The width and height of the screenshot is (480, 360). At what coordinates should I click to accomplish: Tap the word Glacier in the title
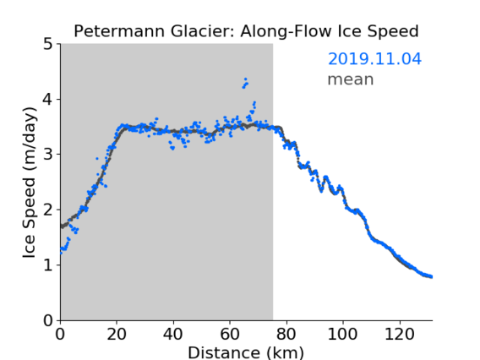tap(203, 31)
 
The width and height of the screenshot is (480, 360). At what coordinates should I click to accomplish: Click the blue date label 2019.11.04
tap(374, 59)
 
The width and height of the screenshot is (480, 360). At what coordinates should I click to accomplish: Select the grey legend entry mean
tap(351, 79)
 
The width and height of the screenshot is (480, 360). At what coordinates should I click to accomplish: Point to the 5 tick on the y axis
tap(48, 44)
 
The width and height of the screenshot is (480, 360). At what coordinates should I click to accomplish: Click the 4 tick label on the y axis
tap(48, 100)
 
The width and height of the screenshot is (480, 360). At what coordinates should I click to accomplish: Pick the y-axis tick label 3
tap(48, 155)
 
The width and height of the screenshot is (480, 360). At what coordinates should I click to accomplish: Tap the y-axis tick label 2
tap(48, 210)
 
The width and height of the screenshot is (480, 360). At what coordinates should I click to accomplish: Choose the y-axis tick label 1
tap(48, 265)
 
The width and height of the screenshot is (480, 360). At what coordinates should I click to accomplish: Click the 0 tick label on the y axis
tap(48, 320)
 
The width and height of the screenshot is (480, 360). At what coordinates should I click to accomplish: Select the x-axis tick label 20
tap(117, 335)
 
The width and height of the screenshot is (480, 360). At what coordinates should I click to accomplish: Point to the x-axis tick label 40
tap(173, 335)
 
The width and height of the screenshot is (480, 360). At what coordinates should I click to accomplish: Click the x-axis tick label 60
tap(230, 335)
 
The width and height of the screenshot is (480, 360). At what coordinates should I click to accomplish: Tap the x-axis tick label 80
tap(286, 335)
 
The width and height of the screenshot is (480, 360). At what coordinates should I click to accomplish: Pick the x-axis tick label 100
tap(342, 335)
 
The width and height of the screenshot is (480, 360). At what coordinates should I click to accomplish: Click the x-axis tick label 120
tap(400, 335)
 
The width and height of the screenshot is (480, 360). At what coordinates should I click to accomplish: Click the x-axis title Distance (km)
tap(246, 352)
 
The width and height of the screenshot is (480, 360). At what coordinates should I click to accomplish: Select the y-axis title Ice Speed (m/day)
tap(29, 183)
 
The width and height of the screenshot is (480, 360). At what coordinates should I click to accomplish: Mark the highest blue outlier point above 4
tap(246, 79)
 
